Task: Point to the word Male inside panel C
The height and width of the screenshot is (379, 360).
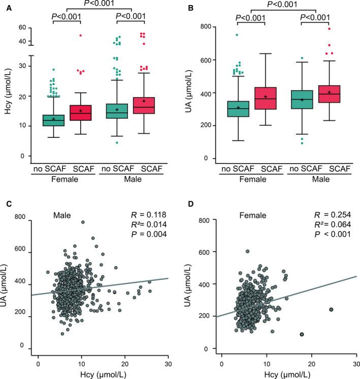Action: click(64, 215)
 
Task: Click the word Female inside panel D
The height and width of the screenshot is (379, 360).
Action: click(254, 215)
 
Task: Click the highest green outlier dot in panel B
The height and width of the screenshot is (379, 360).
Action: click(237, 35)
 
